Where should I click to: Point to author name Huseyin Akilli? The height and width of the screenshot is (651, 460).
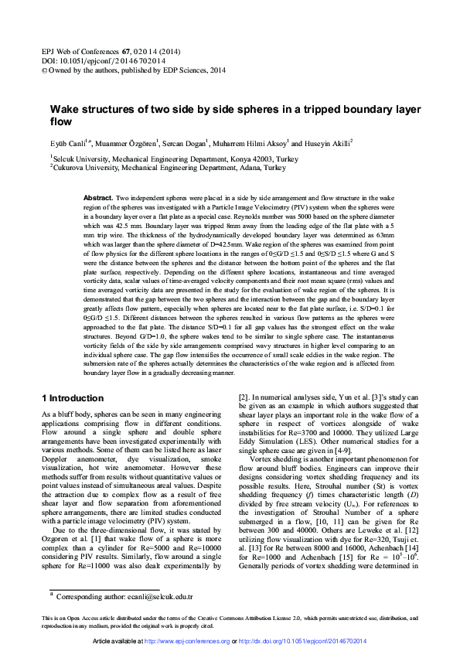(x=328, y=143)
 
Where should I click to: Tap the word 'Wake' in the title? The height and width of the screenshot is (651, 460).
(x=64, y=111)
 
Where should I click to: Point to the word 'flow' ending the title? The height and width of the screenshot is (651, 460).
(x=60, y=122)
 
